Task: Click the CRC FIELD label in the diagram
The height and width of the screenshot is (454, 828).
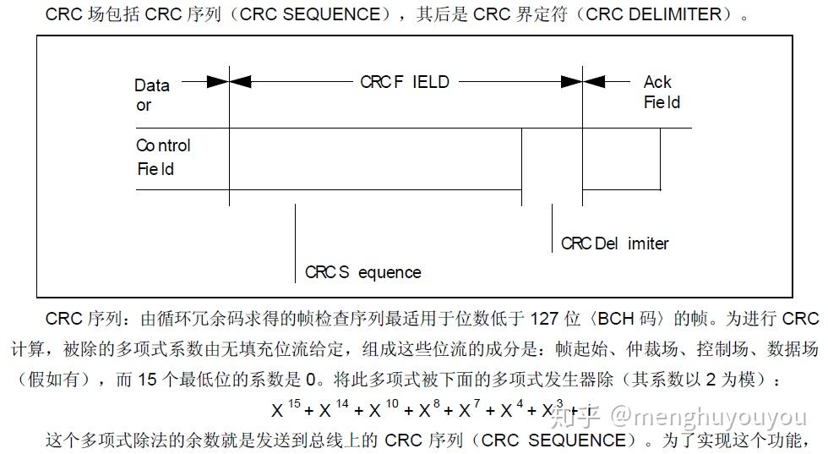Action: (x=405, y=82)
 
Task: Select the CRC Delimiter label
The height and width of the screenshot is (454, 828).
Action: (x=614, y=243)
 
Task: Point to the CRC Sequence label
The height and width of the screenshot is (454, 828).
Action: (x=362, y=272)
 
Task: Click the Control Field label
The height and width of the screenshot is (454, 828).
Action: (x=163, y=157)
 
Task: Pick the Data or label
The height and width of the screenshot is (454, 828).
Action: (x=151, y=95)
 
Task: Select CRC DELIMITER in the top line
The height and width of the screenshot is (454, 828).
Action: (x=654, y=14)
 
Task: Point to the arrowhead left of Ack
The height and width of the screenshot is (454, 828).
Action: (x=594, y=82)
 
